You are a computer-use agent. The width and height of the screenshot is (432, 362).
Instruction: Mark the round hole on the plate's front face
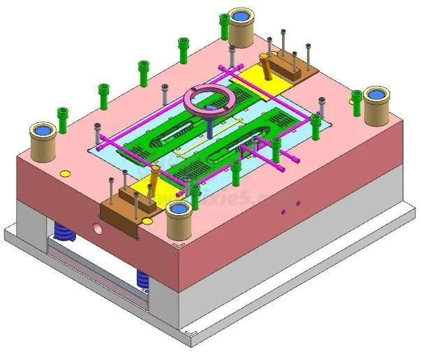(x=98, y=229)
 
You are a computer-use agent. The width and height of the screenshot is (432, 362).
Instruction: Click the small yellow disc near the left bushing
(x=65, y=173)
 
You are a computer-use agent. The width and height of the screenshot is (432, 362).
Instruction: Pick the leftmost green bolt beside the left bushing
(x=63, y=120)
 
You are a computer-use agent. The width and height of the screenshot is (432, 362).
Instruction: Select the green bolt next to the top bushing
(x=224, y=26)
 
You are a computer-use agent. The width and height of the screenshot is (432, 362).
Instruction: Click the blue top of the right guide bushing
(x=378, y=94)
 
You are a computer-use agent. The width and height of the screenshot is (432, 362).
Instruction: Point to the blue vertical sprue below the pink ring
(x=209, y=126)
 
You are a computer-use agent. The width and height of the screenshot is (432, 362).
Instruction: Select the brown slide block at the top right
(x=290, y=66)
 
